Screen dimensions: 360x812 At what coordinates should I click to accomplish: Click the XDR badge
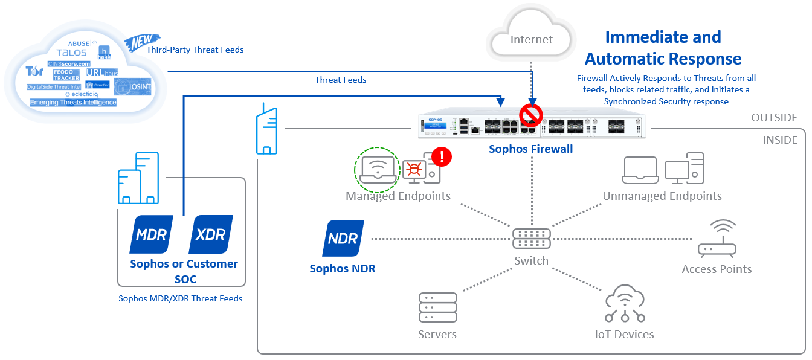click(x=211, y=234)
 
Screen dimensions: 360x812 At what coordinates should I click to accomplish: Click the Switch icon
click(x=531, y=239)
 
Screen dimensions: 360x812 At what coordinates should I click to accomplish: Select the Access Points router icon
click(x=717, y=239)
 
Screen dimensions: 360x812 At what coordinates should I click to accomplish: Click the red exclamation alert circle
click(x=443, y=157)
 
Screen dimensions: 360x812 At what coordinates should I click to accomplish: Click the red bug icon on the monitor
click(x=414, y=170)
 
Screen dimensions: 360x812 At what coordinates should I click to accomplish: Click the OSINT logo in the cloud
click(x=132, y=86)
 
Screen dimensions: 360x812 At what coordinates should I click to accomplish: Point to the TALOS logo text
click(x=71, y=53)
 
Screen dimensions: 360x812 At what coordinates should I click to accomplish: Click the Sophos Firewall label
click(x=530, y=149)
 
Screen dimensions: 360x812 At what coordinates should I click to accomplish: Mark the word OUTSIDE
click(x=773, y=118)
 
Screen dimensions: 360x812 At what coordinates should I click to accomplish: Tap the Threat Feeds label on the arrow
click(x=341, y=80)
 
